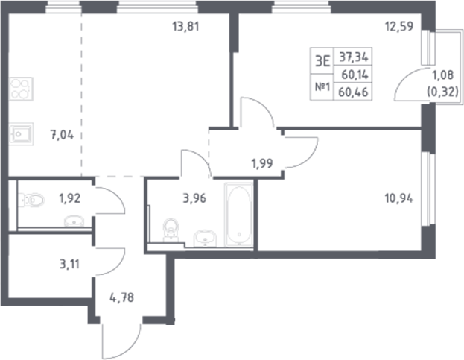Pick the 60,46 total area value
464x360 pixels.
pyautogui.click(x=355, y=92)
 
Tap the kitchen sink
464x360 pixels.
pyautogui.click(x=21, y=135)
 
